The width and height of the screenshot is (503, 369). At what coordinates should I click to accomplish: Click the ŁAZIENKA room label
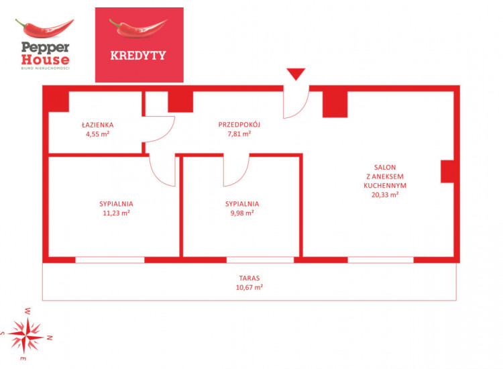point(97,125)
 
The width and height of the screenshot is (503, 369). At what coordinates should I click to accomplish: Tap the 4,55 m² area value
point(97,134)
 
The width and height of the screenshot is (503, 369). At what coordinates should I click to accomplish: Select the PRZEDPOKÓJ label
point(239,124)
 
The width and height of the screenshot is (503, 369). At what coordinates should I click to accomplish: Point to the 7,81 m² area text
point(239,134)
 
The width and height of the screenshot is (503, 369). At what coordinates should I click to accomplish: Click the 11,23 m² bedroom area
point(116,213)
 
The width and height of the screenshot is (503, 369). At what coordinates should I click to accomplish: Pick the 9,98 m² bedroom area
point(242,213)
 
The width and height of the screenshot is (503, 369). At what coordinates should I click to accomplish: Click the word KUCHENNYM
point(385,185)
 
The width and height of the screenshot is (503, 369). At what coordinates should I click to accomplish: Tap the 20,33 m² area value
point(385,195)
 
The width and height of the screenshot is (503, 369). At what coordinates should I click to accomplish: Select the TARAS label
point(249,278)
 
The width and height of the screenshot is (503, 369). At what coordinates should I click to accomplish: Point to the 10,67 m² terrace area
point(249,287)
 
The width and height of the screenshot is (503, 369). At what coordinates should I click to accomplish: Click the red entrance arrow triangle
point(296,74)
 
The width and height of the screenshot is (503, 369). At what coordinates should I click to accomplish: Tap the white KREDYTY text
point(138,55)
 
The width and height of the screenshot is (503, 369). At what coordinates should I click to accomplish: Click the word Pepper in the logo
point(45,48)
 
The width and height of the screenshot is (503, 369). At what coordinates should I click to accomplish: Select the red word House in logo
point(45,60)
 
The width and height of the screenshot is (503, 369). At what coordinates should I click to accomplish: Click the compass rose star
point(26,335)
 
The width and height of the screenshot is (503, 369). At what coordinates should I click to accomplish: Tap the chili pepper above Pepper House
point(44,28)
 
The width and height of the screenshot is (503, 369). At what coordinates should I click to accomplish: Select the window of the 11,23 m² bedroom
point(110,260)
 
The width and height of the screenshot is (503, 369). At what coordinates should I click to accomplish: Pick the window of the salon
point(380,260)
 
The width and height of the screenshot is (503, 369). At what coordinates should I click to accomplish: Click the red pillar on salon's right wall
point(447,171)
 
